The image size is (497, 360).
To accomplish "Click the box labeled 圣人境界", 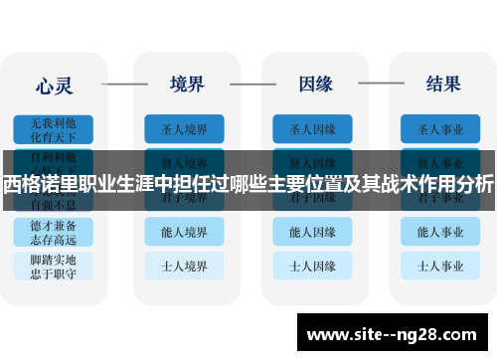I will click(x=184, y=129).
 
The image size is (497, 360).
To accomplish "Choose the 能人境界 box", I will click(x=184, y=232).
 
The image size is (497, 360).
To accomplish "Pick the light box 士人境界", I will click(x=184, y=267).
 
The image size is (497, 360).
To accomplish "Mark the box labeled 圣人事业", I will click(x=440, y=129).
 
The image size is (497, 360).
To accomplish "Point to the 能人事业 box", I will click(x=440, y=232).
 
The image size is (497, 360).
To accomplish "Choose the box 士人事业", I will click(x=440, y=267).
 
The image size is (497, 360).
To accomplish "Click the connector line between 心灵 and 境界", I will click(x=123, y=84).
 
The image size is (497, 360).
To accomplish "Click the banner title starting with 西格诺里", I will click(x=248, y=183).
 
